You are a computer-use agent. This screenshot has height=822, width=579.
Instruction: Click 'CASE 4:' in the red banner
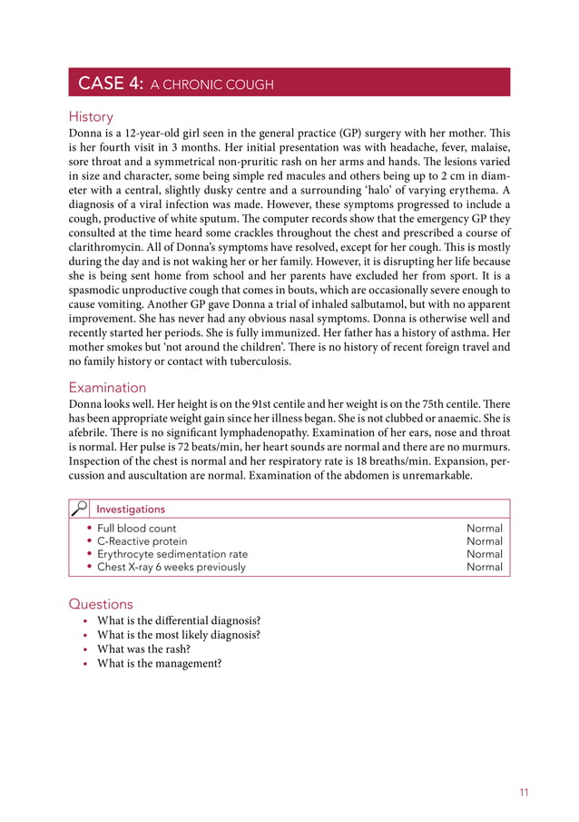click(x=111, y=84)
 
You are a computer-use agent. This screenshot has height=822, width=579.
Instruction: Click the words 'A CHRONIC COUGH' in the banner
click(x=211, y=85)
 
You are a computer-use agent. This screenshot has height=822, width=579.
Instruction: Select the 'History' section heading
click(x=91, y=116)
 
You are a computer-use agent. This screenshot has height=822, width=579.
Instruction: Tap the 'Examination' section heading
click(x=107, y=387)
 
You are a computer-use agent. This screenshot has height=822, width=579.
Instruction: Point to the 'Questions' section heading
click(x=101, y=604)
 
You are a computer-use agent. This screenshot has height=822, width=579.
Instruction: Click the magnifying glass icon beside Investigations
click(x=80, y=509)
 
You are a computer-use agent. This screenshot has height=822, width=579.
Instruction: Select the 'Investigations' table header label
click(x=131, y=510)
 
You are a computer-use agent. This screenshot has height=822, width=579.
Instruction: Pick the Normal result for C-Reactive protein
click(x=484, y=541)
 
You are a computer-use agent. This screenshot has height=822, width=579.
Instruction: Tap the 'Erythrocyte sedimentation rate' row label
click(x=172, y=554)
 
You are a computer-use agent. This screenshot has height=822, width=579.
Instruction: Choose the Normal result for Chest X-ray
click(x=484, y=567)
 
